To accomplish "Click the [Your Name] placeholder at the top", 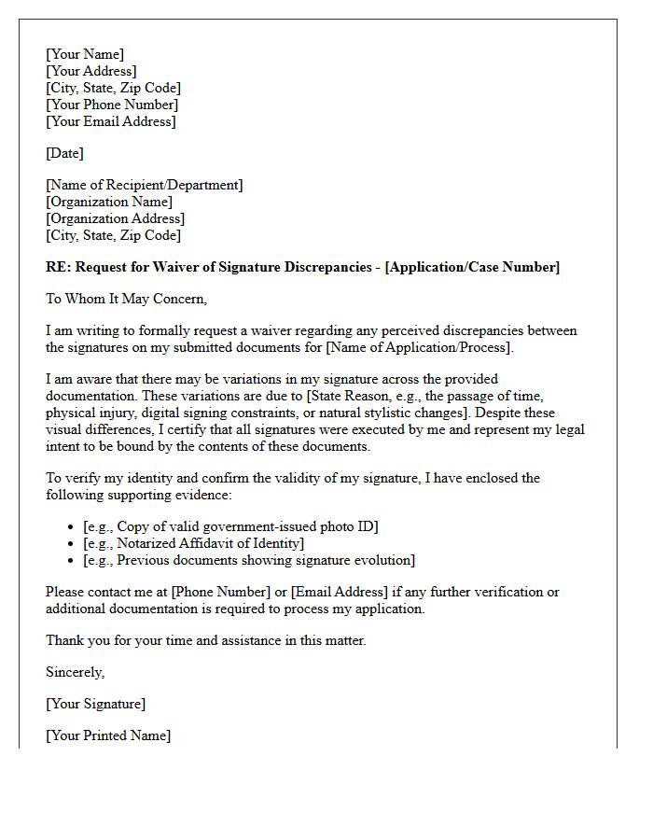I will (85, 54).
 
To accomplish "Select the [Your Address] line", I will (91, 71).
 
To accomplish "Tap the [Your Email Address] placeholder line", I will (111, 121).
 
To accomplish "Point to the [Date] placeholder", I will (64, 153).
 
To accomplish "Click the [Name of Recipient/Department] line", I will (145, 185).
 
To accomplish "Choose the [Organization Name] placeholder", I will (109, 202).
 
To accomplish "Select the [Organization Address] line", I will (116, 218).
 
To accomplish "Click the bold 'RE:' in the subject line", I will (59, 268).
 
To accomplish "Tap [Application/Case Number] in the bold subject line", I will (472, 268).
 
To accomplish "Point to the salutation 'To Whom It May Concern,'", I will (126, 300).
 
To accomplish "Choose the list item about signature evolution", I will (249, 560).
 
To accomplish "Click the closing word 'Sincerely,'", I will (76, 672).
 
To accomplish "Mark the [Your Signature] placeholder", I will (96, 704).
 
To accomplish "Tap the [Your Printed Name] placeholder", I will (108, 735).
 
